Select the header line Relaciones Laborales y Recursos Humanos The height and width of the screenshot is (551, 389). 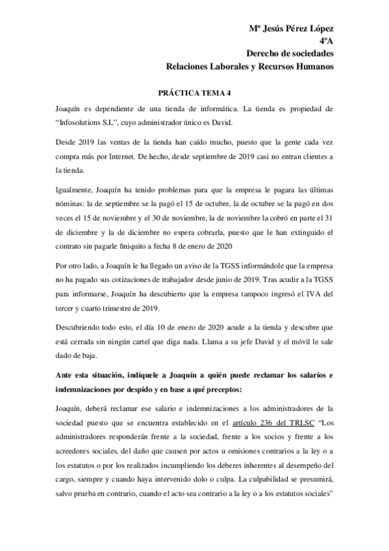pyautogui.click(x=249, y=66)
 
